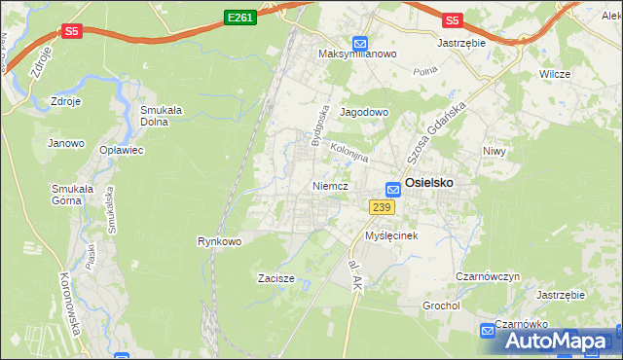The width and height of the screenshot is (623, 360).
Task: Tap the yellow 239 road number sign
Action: click(x=382, y=206)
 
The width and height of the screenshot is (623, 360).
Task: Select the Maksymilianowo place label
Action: click(x=358, y=54)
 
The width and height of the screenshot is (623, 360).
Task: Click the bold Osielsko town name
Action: click(x=429, y=182)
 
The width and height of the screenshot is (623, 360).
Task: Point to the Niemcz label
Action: click(x=331, y=185)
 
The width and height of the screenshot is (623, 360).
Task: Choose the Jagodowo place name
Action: click(x=364, y=112)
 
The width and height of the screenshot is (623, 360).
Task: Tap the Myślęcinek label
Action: click(x=391, y=236)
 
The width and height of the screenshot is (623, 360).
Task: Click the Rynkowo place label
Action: click(x=219, y=240)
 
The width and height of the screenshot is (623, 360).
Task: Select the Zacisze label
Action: click(x=275, y=278)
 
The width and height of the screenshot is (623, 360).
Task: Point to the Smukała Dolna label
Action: click(x=164, y=116)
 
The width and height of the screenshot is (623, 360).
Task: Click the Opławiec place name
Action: click(x=122, y=150)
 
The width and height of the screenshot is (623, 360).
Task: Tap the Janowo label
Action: click(x=66, y=143)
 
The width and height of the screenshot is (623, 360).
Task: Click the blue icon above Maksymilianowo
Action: click(x=359, y=43)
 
